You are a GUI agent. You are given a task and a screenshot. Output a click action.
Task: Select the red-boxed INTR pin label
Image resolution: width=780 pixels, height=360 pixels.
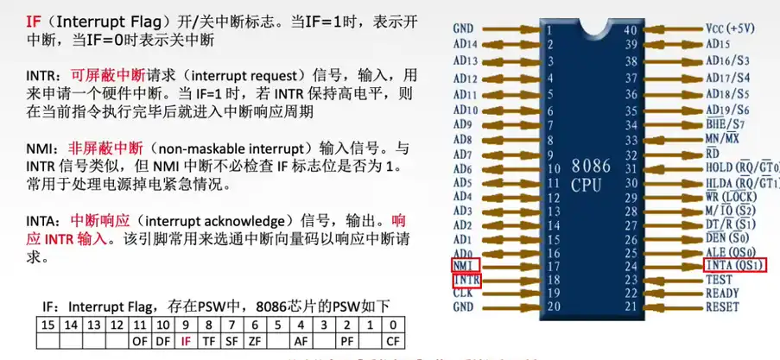coord(466,281)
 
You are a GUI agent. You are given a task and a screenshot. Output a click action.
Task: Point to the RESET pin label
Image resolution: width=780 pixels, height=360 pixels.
coord(722,306)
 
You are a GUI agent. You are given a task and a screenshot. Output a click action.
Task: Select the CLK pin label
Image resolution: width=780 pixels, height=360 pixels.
coord(463,293)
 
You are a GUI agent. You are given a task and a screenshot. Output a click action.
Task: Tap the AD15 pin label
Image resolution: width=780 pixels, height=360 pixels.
coord(717,44)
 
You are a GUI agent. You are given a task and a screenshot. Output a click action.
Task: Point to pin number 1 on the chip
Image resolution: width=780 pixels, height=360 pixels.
coord(549,29)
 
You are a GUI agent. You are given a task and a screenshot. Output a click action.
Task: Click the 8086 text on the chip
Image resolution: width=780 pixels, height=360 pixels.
coord(591,167)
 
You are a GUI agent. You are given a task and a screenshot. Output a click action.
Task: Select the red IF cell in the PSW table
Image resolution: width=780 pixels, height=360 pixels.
coord(186,341)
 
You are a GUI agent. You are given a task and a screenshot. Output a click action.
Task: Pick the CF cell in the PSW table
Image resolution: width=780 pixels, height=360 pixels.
coord(393,341)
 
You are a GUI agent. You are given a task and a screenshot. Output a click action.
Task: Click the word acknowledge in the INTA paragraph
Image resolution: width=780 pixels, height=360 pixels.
coord(244,220)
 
